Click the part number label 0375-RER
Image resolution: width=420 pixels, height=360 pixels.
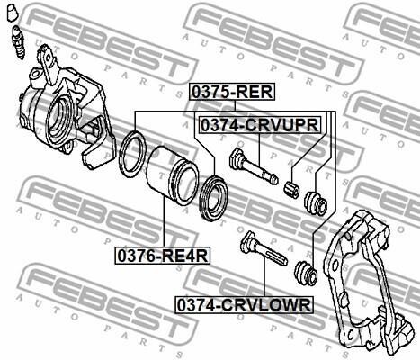[x=231, y=92]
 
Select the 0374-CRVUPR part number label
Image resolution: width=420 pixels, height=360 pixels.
[x=260, y=125]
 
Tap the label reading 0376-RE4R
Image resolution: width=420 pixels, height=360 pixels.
[x=163, y=256]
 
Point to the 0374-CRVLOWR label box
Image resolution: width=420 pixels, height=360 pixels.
[x=244, y=305]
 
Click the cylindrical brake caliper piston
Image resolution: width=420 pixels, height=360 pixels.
[x=173, y=175]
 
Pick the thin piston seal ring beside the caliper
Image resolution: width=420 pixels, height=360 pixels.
[x=131, y=154]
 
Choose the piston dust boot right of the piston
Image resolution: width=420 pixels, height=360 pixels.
[x=214, y=199]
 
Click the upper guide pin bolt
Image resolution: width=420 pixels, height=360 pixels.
[x=254, y=166]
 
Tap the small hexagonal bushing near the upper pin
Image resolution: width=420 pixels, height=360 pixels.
[x=291, y=189]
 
